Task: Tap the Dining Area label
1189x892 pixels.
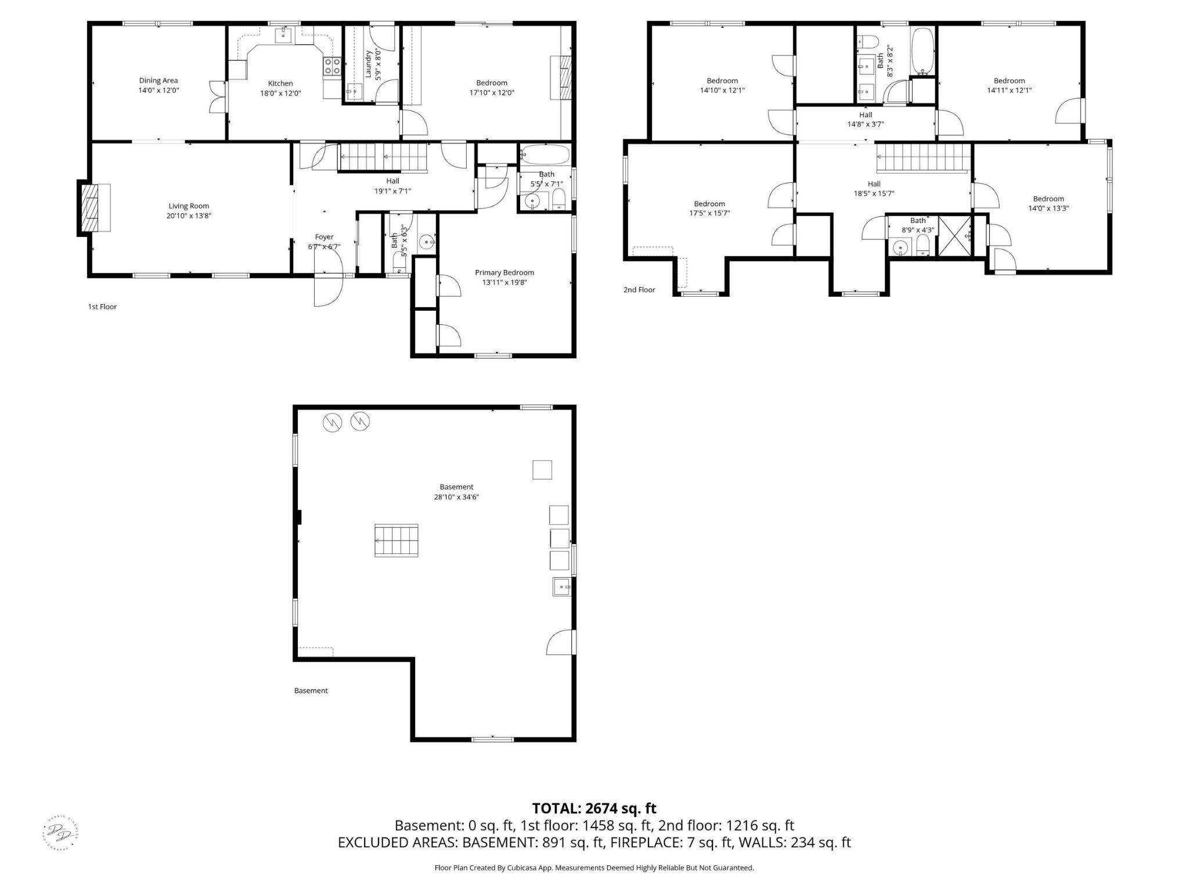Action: pyautogui.click(x=158, y=81)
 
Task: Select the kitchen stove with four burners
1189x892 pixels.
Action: pyautogui.click(x=332, y=66)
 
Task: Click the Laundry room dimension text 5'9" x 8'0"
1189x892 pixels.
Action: pyautogui.click(x=378, y=66)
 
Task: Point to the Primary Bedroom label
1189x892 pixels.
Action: pyautogui.click(x=504, y=272)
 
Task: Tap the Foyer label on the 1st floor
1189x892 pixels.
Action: pyautogui.click(x=324, y=237)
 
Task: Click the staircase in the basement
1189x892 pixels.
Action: pyautogui.click(x=396, y=541)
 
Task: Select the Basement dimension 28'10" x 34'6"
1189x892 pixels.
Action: pyautogui.click(x=456, y=497)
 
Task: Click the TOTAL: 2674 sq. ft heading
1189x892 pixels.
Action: pyautogui.click(x=594, y=808)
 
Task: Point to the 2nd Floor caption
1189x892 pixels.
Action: pyautogui.click(x=639, y=290)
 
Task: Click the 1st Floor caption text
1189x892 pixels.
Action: pyautogui.click(x=102, y=307)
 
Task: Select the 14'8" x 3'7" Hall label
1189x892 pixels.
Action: pyautogui.click(x=865, y=124)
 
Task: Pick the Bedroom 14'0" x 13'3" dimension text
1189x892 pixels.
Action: pyautogui.click(x=1048, y=208)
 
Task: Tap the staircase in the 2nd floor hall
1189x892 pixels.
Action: pyautogui.click(x=923, y=159)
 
